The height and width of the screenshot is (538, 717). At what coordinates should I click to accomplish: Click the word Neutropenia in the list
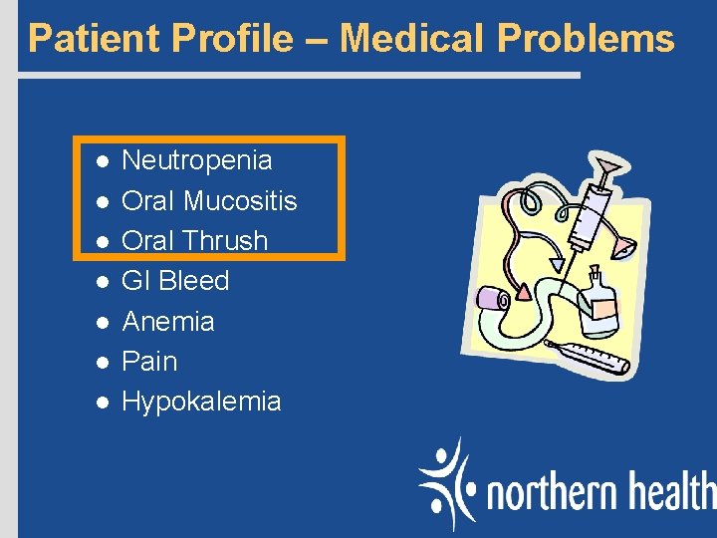196,160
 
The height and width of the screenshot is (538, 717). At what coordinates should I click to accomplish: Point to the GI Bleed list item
174,281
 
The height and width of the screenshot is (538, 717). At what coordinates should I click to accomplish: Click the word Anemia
167,322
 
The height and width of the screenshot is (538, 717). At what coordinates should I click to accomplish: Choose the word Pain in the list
148,362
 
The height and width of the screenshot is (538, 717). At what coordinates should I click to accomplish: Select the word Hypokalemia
201,402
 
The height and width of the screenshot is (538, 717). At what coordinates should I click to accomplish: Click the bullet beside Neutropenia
101,161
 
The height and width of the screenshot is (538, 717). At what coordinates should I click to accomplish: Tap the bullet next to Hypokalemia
101,403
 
